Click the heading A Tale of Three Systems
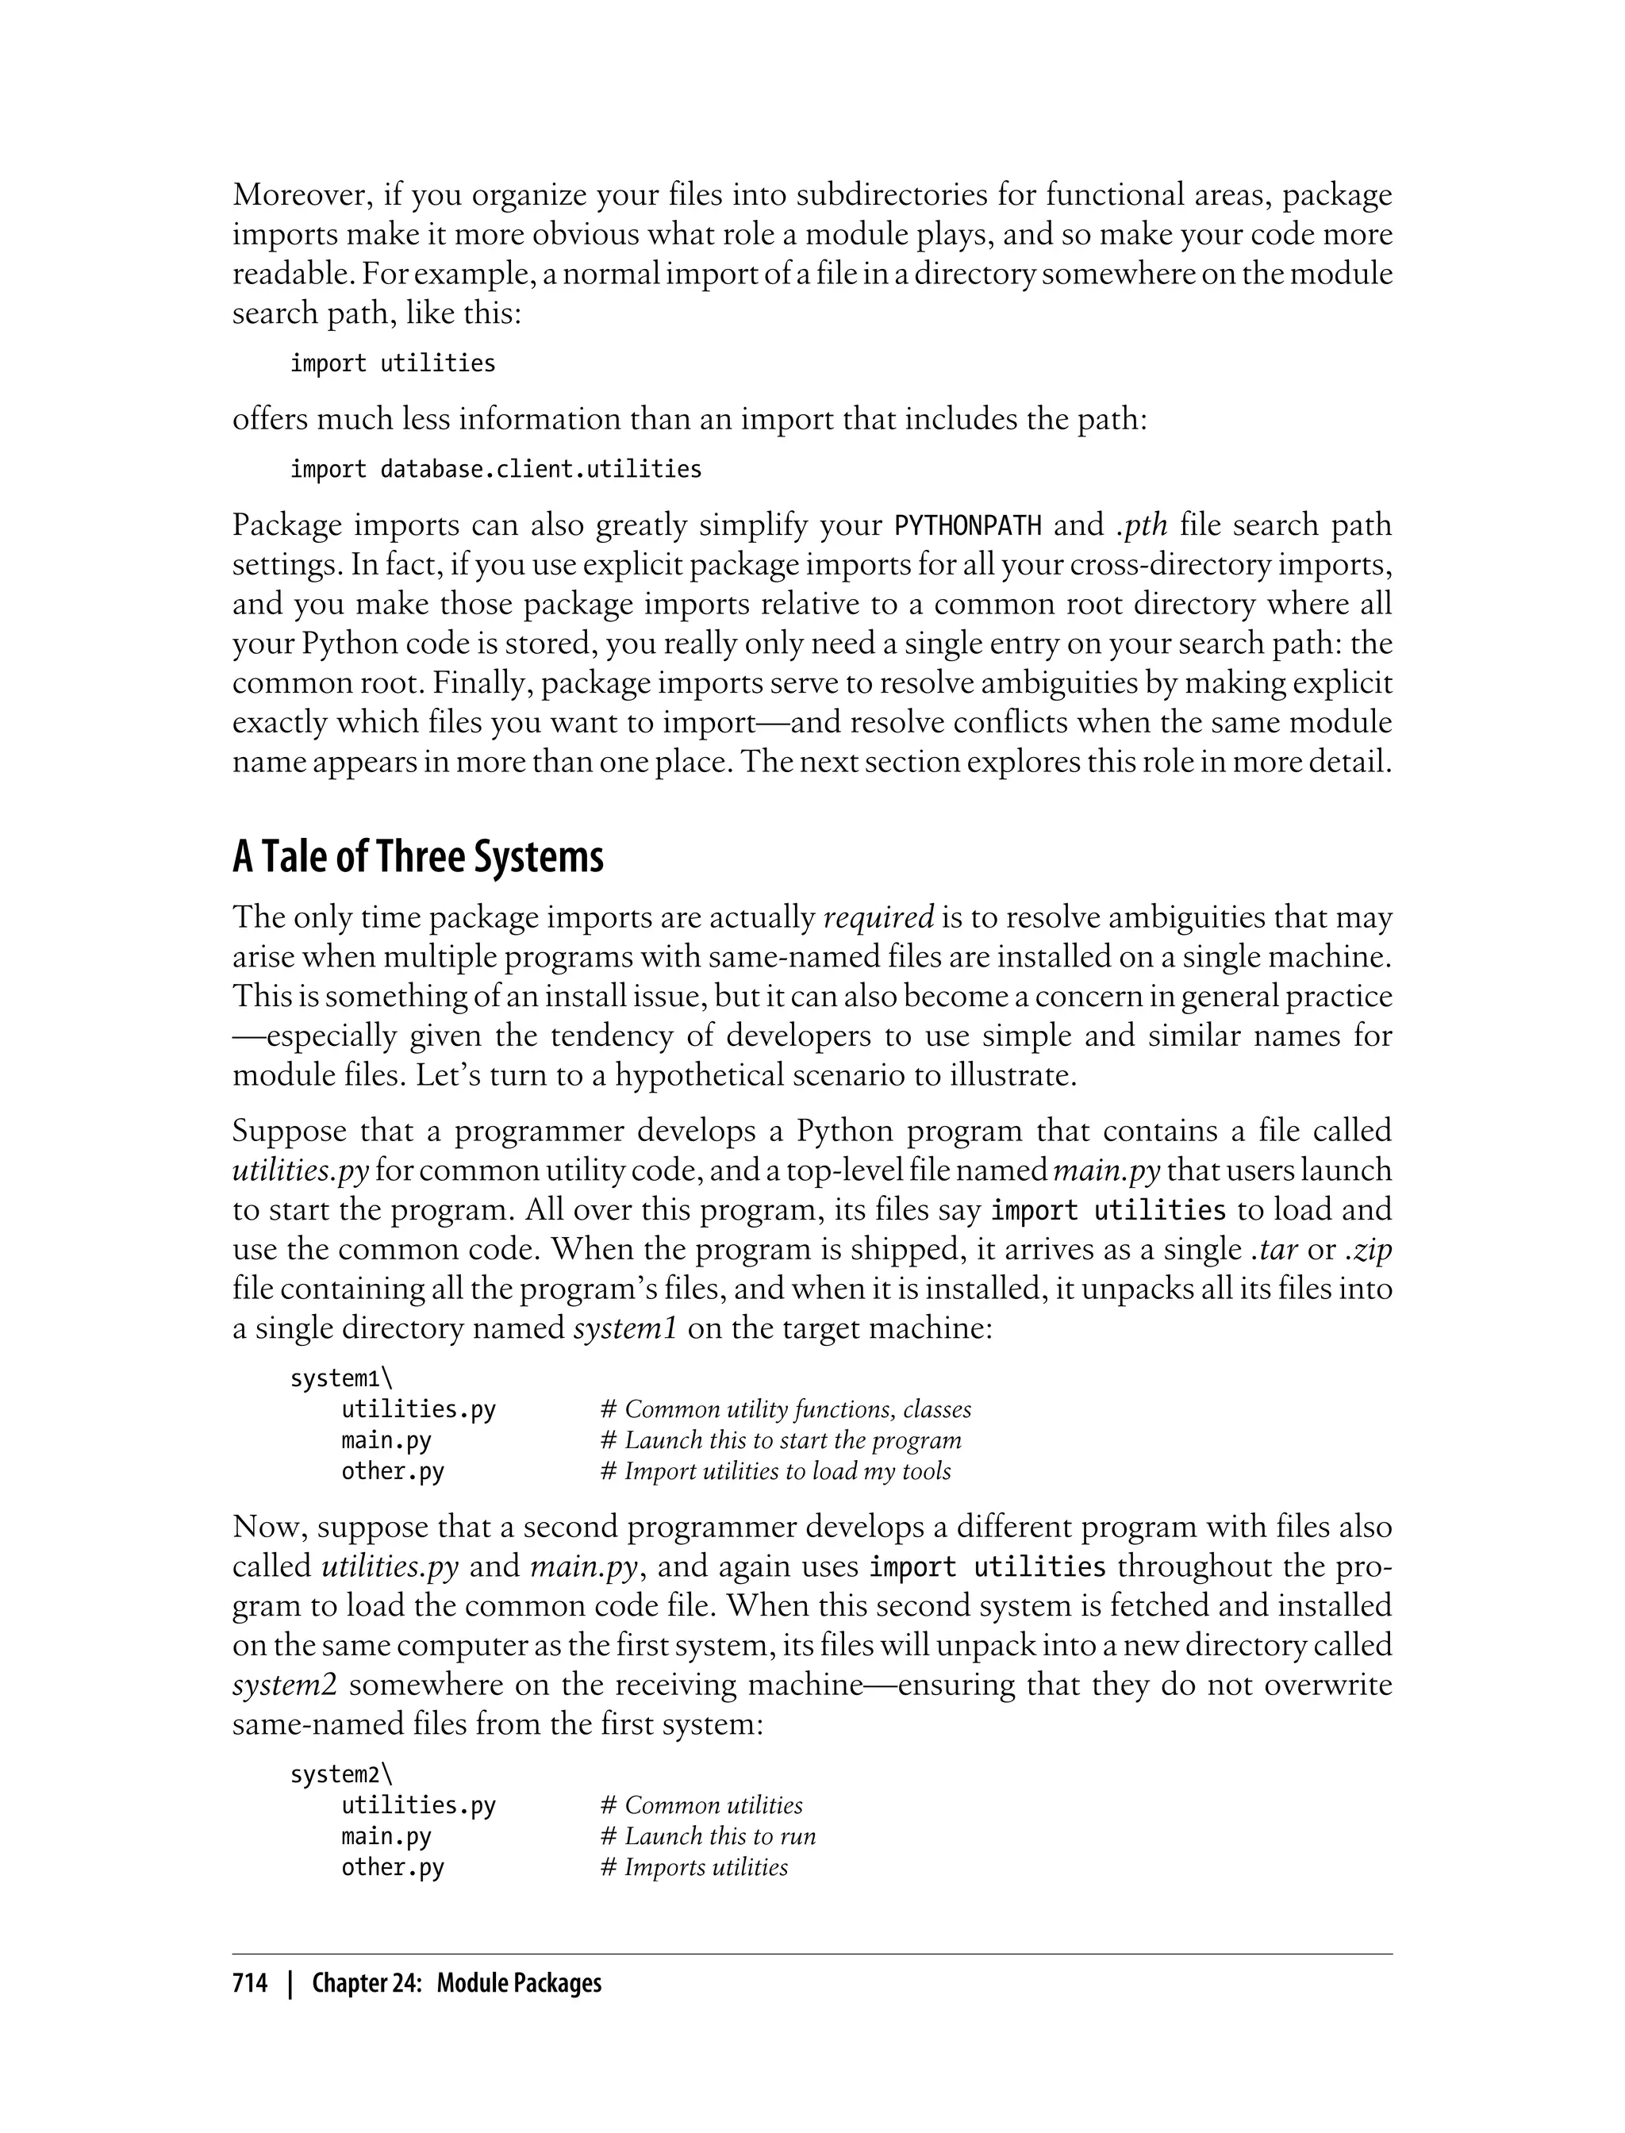click(x=418, y=857)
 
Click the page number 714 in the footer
click(x=250, y=1983)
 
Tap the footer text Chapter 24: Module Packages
click(x=456, y=1983)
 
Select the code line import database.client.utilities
click(x=495, y=469)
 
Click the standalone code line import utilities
click(x=393, y=363)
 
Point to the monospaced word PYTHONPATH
click(x=968, y=526)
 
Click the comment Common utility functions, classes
click(x=786, y=1409)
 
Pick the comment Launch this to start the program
click(x=781, y=1440)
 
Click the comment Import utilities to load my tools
click(x=776, y=1471)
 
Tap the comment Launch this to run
click(x=708, y=1836)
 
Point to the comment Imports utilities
click(x=694, y=1867)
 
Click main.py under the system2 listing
click(x=386, y=1836)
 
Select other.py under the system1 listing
click(x=393, y=1471)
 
